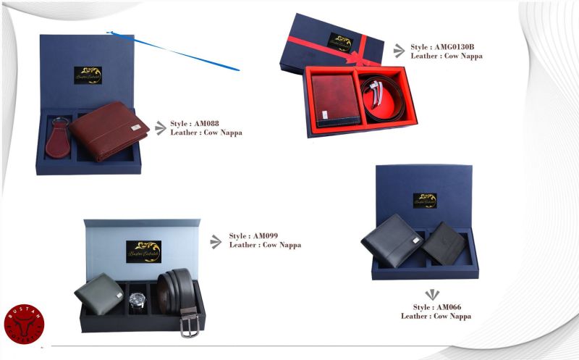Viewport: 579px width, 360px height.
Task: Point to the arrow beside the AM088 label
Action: tap(161, 128)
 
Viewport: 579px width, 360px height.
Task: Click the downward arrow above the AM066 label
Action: tap(432, 294)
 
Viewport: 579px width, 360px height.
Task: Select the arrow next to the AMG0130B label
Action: tap(399, 51)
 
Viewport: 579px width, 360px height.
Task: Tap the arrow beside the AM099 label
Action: tap(216, 241)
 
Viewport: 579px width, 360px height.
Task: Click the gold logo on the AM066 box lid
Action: tap(425, 200)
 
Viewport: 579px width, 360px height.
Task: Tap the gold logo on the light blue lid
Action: tap(143, 251)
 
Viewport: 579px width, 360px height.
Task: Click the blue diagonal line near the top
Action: tap(174, 51)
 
